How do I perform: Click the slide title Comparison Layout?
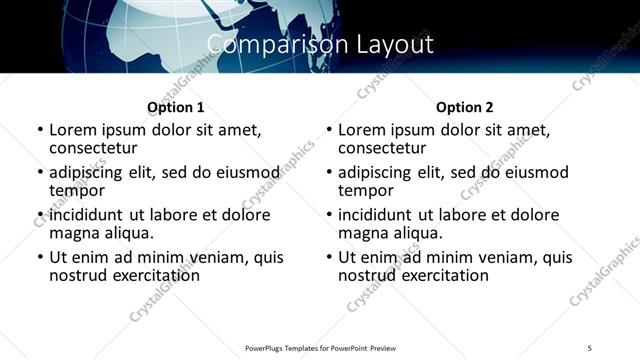pyautogui.click(x=320, y=45)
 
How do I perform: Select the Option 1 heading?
pyautogui.click(x=176, y=107)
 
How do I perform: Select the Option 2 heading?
pyautogui.click(x=464, y=107)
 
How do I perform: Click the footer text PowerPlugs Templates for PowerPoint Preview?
pyautogui.click(x=320, y=348)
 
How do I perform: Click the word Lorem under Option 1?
pyautogui.click(x=73, y=130)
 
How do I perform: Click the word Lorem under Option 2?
pyautogui.click(x=362, y=130)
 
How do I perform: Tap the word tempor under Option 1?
pyautogui.click(x=77, y=190)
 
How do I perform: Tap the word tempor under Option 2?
pyautogui.click(x=366, y=190)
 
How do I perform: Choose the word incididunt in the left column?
pyautogui.click(x=87, y=215)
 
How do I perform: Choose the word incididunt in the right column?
pyautogui.click(x=376, y=215)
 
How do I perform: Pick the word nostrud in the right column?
pyautogui.click(x=368, y=275)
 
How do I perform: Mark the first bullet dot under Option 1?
pyautogui.click(x=39, y=131)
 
